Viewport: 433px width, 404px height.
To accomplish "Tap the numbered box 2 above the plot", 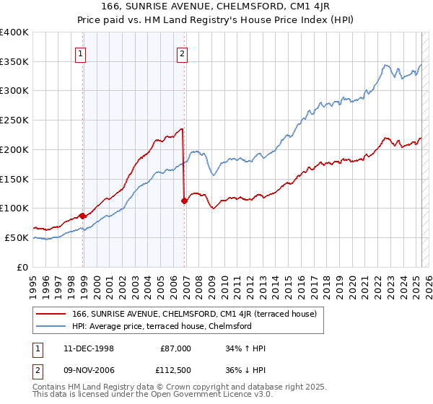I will [182, 53].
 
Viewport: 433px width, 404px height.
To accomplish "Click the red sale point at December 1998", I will [83, 216].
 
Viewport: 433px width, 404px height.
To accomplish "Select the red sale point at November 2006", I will [185, 201].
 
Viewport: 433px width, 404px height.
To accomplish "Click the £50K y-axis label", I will [18, 237].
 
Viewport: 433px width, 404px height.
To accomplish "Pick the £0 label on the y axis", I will [25, 267].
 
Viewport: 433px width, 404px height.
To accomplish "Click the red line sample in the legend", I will [51, 314].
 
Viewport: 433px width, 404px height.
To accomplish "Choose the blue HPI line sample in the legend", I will [51, 326].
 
